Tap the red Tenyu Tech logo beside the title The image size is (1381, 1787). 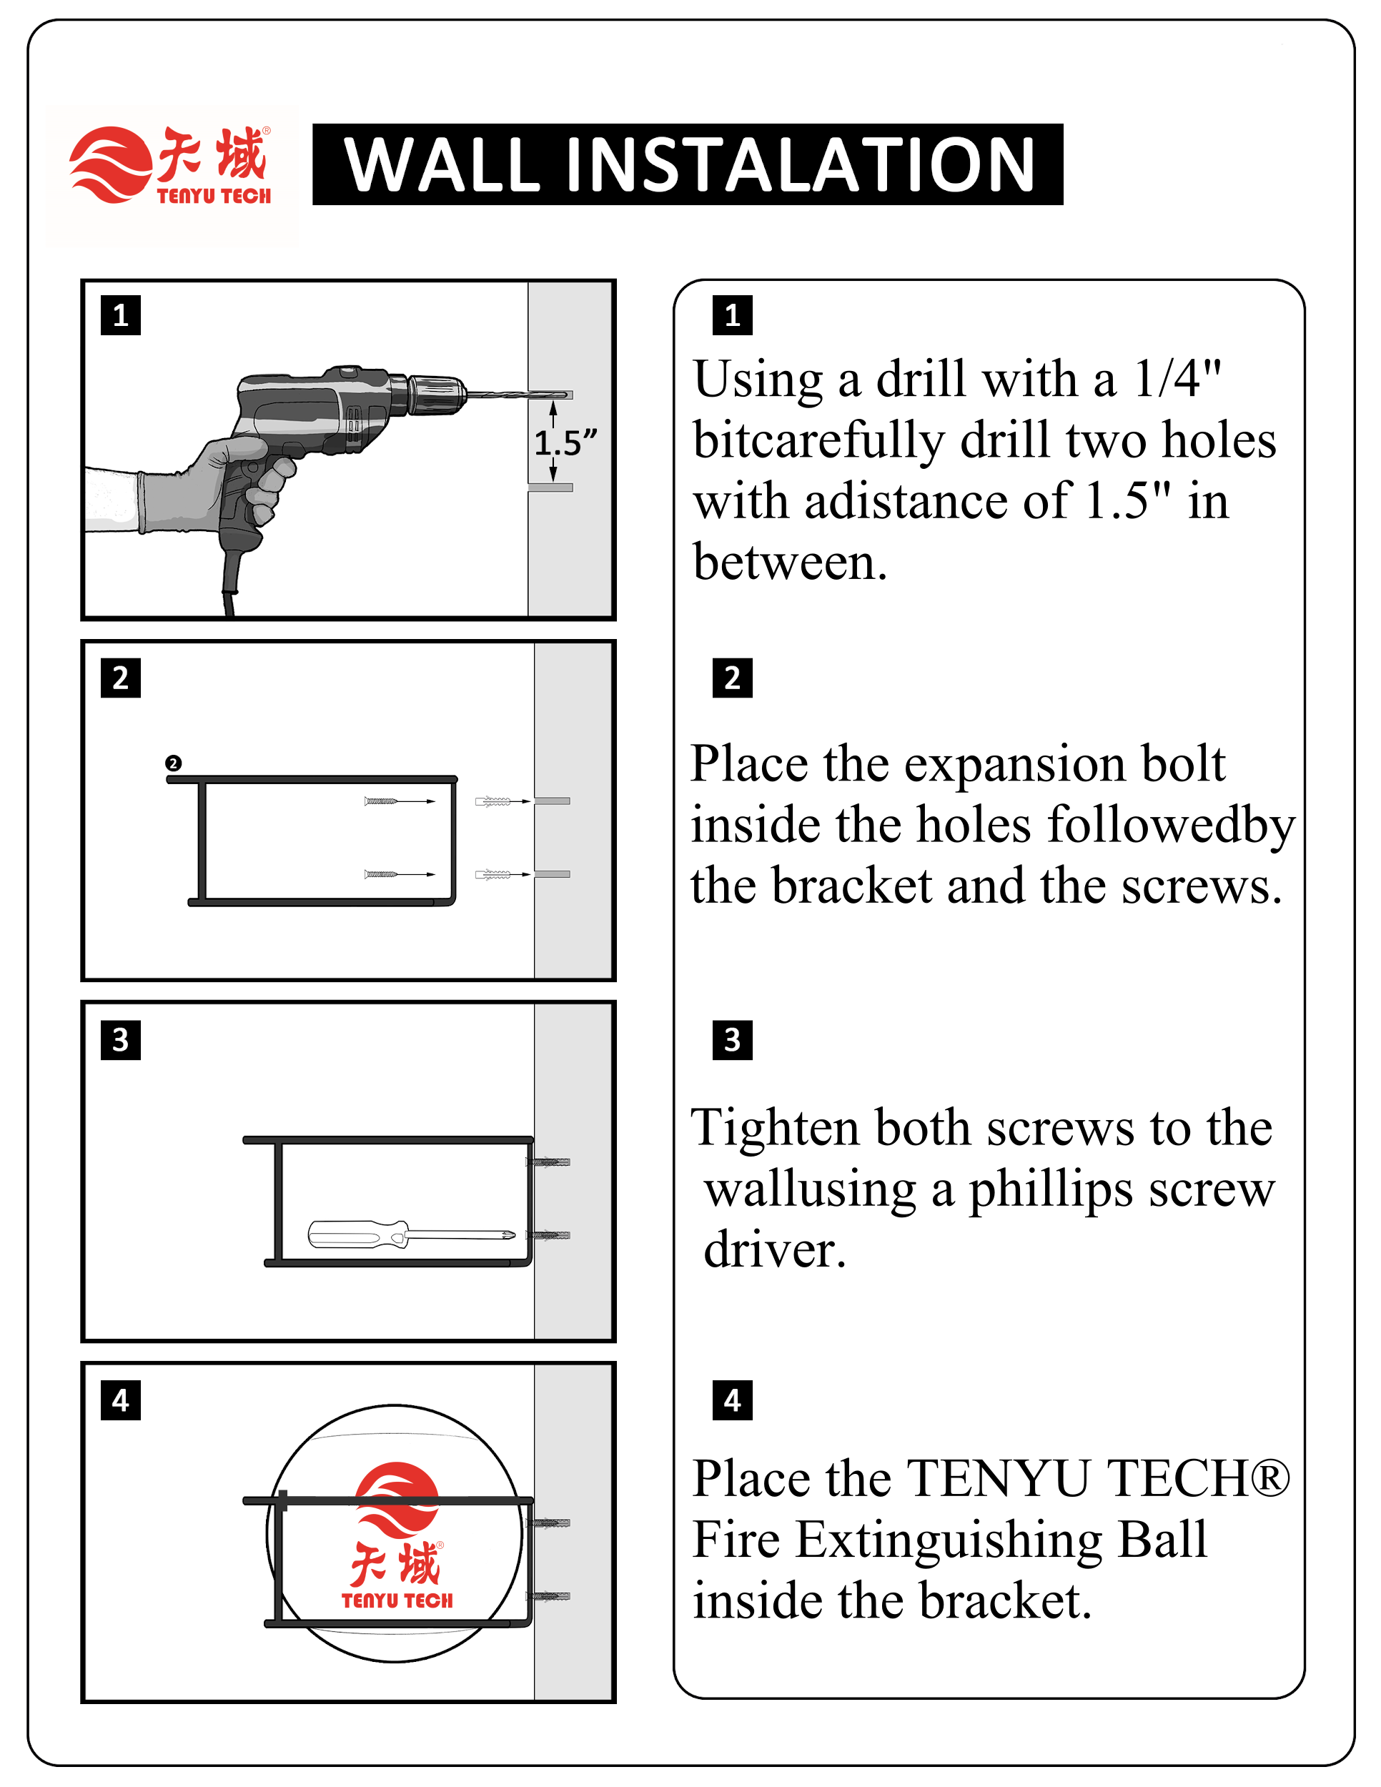pyautogui.click(x=171, y=165)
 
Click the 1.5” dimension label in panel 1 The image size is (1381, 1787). pyautogui.click(x=565, y=443)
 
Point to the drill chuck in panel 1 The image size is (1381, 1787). pyautogui.click(x=437, y=395)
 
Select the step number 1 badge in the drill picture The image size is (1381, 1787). pyautogui.click(x=120, y=315)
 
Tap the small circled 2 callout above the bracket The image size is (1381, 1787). pyautogui.click(x=173, y=763)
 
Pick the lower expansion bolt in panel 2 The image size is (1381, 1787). pyautogui.click(x=492, y=875)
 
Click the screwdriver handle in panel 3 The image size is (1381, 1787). pyautogui.click(x=356, y=1234)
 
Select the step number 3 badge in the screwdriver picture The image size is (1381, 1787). pyautogui.click(x=120, y=1039)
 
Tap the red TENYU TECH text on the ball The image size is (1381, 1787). pyautogui.click(x=397, y=1600)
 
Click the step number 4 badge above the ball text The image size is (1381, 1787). pyautogui.click(x=732, y=1400)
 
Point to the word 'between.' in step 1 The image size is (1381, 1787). pyautogui.click(x=789, y=563)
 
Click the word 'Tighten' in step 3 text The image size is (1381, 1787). pyautogui.click(x=774, y=1127)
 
